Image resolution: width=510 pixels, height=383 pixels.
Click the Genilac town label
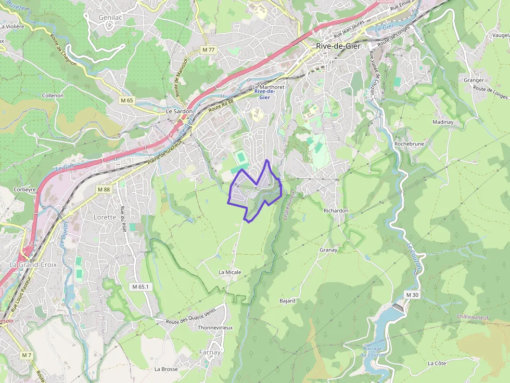coord(110,17)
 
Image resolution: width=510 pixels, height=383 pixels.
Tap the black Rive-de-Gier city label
coord(338,46)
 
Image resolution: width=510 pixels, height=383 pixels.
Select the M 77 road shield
coord(208,49)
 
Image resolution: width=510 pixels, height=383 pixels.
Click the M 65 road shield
coord(126,100)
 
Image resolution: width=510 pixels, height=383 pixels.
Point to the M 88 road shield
coord(104,190)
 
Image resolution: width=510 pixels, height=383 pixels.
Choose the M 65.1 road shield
coord(141,287)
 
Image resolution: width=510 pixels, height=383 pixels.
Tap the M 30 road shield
coord(412,295)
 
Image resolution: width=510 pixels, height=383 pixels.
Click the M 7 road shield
coord(27,355)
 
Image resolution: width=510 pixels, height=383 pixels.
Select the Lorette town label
coord(105,217)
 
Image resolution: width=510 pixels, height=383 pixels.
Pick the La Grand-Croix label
coord(33,264)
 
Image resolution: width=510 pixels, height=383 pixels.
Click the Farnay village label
coord(210,352)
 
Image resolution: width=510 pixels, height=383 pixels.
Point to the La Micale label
coord(229,272)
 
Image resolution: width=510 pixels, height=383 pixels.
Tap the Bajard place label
coord(287,300)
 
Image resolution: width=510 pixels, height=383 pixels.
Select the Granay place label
coord(328,250)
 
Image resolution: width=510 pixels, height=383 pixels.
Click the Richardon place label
coord(336,210)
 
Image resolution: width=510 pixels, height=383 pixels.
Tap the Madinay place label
coord(443,122)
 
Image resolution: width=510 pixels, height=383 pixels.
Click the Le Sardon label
coord(179,111)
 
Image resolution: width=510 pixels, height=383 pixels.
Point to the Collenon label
coord(53,96)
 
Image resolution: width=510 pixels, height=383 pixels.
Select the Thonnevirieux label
coord(215,328)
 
